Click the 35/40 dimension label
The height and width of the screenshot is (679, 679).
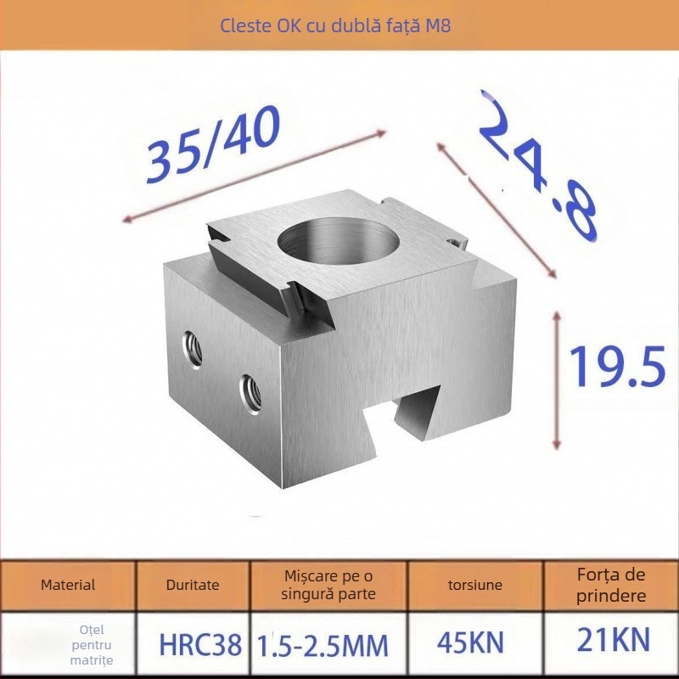(213, 148)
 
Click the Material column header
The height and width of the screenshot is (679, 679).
(68, 585)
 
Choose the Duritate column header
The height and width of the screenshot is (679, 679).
(193, 585)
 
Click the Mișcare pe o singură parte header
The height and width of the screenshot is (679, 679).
(328, 585)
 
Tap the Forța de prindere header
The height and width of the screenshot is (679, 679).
(611, 585)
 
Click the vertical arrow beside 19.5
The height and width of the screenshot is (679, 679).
(557, 379)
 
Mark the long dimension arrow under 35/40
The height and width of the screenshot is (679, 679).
(255, 177)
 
